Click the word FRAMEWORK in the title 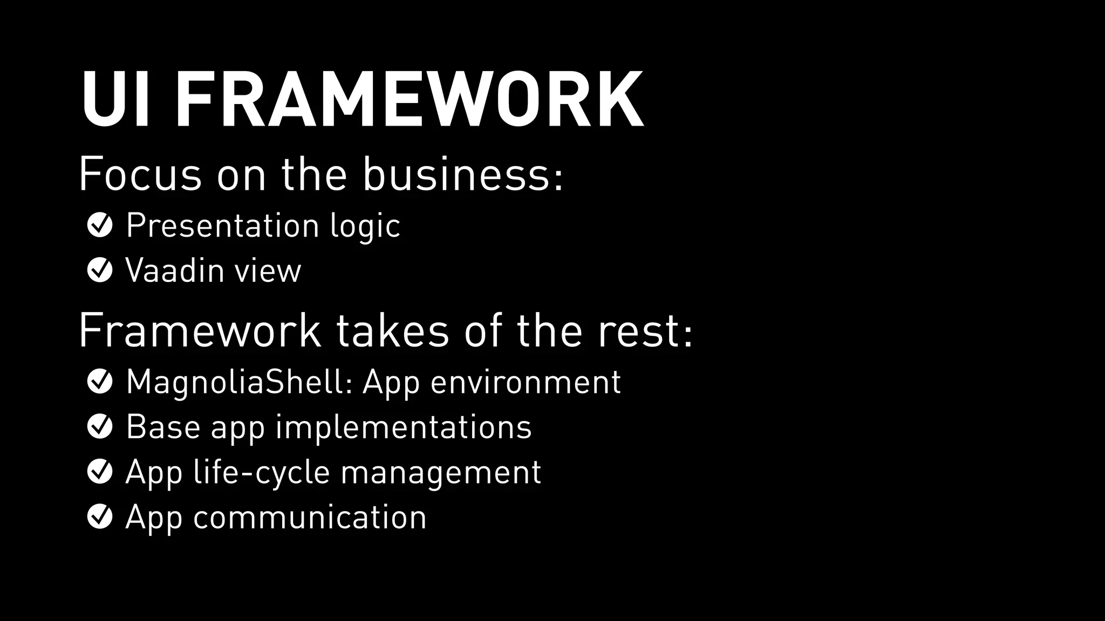pos(409,100)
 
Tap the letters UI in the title pos(114,100)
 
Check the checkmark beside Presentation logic pos(100,225)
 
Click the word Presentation pos(223,225)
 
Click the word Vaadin pos(175,270)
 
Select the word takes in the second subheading pos(393,330)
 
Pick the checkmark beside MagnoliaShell pos(100,382)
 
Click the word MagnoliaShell pos(240,382)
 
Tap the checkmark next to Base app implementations pos(100,427)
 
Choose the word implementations pos(404,427)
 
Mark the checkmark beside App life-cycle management pos(100,472)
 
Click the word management pos(441,473)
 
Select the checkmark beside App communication pos(100,516)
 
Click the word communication pos(310,517)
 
